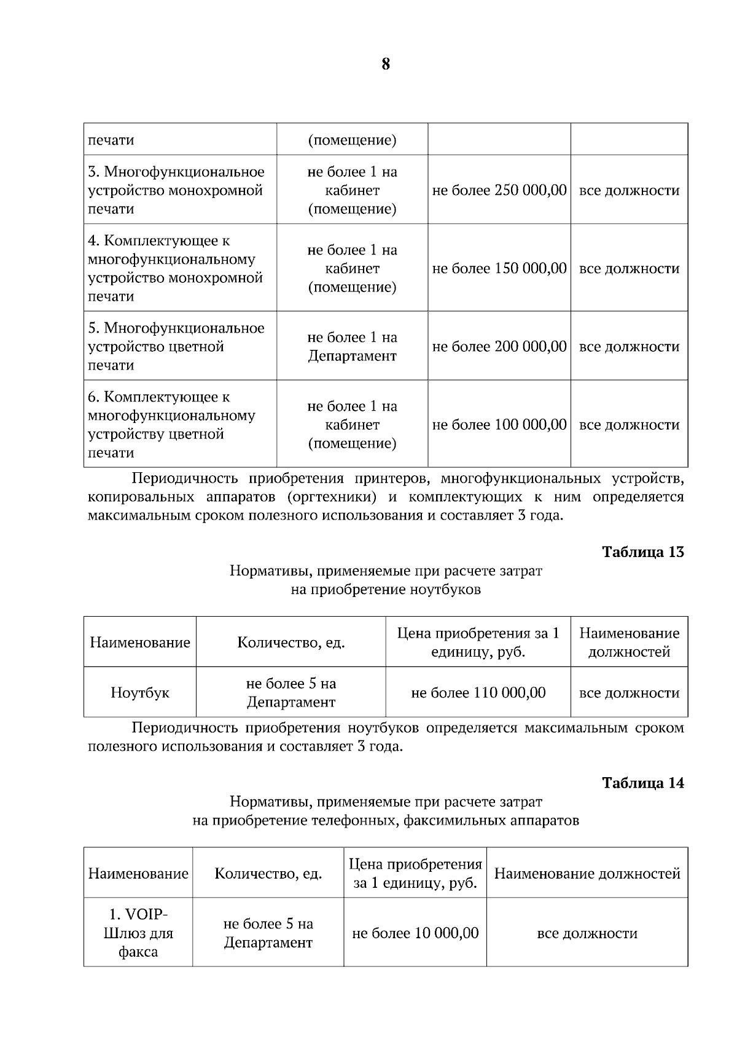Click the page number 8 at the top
point(386,65)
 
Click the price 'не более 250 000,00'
point(499,190)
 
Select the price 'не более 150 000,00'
point(499,268)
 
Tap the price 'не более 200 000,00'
point(499,346)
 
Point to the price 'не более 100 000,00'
point(499,424)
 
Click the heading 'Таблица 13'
point(643,552)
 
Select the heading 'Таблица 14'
point(643,783)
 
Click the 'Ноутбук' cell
point(140,693)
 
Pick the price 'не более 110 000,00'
point(478,693)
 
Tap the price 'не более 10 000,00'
point(415,933)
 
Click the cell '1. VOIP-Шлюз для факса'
point(138,933)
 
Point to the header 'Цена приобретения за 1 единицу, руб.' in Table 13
point(478,643)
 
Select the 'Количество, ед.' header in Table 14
point(268,874)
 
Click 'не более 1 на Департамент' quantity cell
point(352,346)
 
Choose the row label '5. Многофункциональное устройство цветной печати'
point(176,346)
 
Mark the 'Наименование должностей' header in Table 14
point(587,874)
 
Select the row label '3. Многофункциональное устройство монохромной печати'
point(176,190)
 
